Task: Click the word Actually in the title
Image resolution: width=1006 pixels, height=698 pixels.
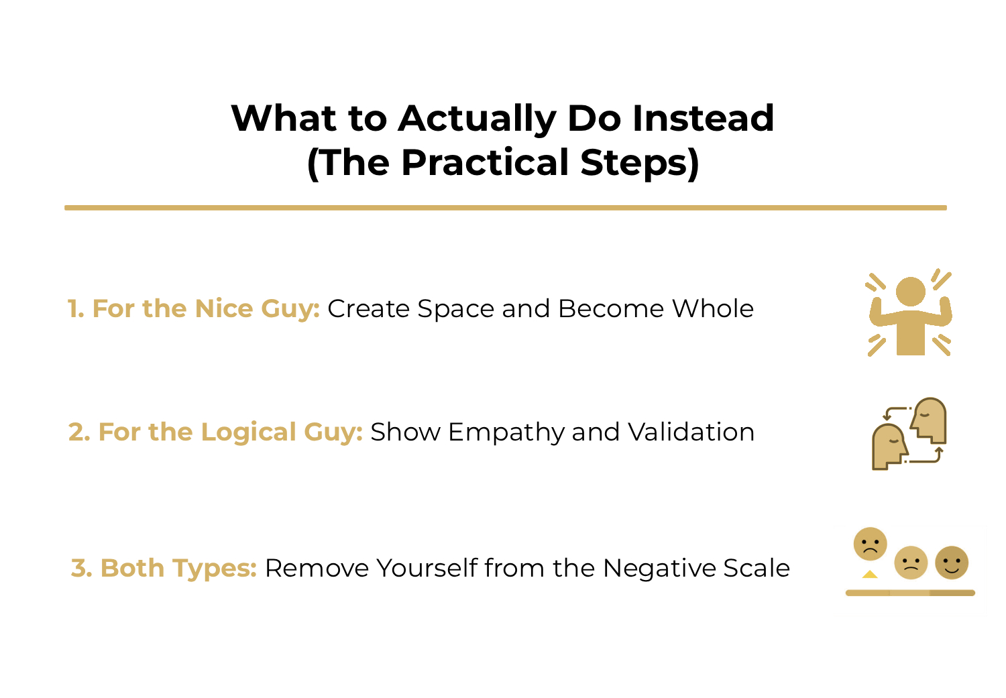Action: (476, 119)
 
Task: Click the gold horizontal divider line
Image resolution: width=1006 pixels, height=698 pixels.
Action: (505, 208)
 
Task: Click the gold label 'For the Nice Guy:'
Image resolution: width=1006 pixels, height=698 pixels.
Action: (205, 308)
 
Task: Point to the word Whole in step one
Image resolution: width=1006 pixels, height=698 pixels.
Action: (713, 308)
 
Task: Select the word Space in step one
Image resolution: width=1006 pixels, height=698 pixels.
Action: (456, 308)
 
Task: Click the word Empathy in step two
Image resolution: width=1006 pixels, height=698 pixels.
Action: (506, 432)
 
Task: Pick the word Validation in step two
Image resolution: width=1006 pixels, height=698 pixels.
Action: (691, 432)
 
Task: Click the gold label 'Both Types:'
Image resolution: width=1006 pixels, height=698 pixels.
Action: (178, 568)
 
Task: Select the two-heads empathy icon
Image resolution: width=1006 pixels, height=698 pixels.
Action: (909, 434)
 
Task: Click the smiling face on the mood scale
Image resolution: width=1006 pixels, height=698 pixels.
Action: (952, 563)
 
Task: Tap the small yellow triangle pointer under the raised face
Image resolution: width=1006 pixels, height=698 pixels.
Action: (870, 574)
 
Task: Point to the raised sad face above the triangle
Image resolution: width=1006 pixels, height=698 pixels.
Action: (870, 544)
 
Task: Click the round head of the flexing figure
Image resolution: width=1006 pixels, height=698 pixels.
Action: (910, 292)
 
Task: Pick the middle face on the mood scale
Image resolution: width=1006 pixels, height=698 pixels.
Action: (911, 563)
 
